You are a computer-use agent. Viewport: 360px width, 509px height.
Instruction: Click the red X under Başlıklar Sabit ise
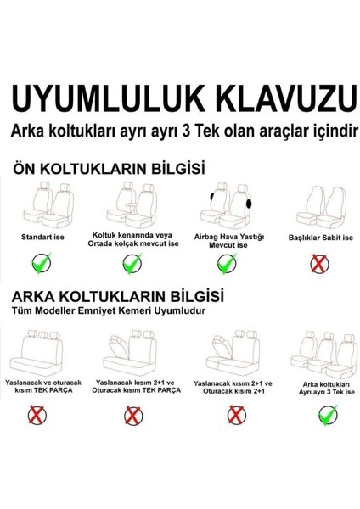click(x=318, y=265)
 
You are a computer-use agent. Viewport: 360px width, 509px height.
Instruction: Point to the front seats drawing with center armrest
click(x=133, y=206)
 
